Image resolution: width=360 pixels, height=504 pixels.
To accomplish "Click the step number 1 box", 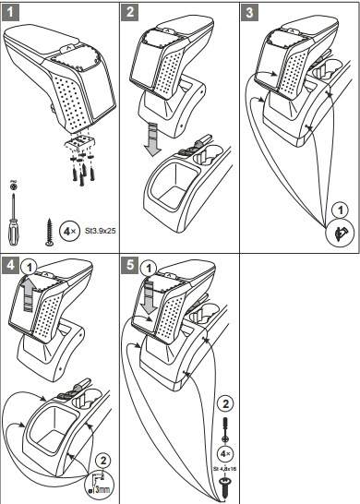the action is (x=10, y=13).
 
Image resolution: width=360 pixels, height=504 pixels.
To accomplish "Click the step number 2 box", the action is (x=130, y=13).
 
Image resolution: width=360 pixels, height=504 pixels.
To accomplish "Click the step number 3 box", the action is (x=249, y=13).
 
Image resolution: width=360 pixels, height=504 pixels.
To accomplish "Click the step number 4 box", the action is (x=10, y=266).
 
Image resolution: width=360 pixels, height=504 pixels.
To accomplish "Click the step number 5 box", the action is (x=130, y=266).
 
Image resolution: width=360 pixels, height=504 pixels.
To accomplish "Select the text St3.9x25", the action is (x=101, y=231).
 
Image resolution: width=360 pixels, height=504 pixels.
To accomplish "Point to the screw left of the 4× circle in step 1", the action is (x=49, y=232).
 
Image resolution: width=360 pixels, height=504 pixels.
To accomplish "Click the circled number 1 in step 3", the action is (x=341, y=210).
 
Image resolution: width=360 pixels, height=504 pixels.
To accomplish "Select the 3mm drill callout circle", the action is (x=101, y=485).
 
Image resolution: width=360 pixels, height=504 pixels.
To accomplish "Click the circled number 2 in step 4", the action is (x=102, y=461).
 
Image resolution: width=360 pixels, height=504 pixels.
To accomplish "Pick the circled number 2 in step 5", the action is (x=225, y=404).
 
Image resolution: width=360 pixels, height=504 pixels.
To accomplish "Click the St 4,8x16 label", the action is (x=224, y=469).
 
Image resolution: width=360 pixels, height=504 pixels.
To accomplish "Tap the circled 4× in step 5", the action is (x=225, y=454).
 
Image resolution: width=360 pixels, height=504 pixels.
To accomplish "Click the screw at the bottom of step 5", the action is (x=224, y=487).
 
